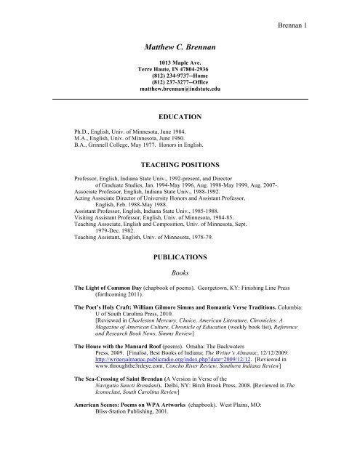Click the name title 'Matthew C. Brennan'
tap(179, 48)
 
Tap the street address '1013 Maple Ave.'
tap(180, 66)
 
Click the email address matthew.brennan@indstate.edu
tap(180, 94)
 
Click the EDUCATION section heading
tap(180, 116)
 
